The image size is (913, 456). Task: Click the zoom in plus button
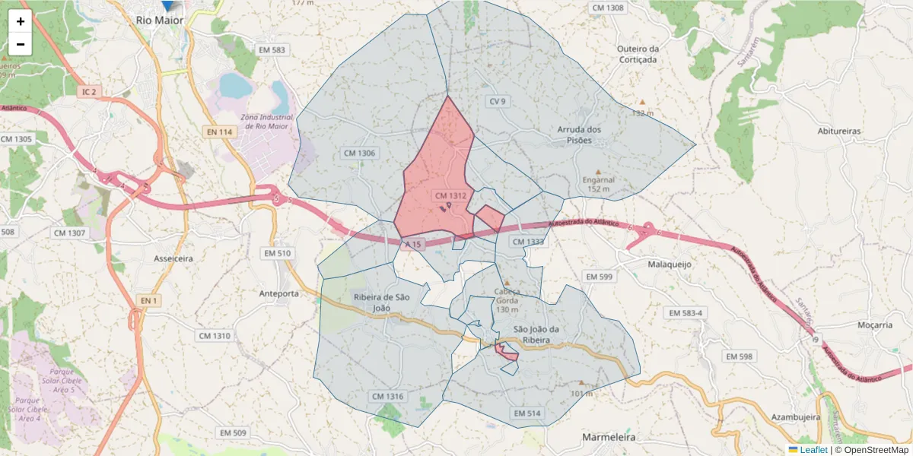(x=21, y=21)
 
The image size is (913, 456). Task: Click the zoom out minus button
(x=21, y=44)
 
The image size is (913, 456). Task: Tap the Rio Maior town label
(x=160, y=21)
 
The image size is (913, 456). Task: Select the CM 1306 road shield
(x=360, y=153)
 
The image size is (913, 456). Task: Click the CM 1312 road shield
(x=450, y=196)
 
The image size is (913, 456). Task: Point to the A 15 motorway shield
(x=413, y=244)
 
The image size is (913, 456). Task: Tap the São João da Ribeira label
(x=542, y=334)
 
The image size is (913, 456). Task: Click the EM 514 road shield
(x=526, y=413)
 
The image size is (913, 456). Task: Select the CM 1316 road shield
(x=388, y=396)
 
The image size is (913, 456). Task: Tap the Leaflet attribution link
(x=813, y=450)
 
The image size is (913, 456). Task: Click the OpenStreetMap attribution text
(x=871, y=450)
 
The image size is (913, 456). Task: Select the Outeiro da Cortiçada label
(x=638, y=54)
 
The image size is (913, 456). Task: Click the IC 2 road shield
(x=89, y=92)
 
